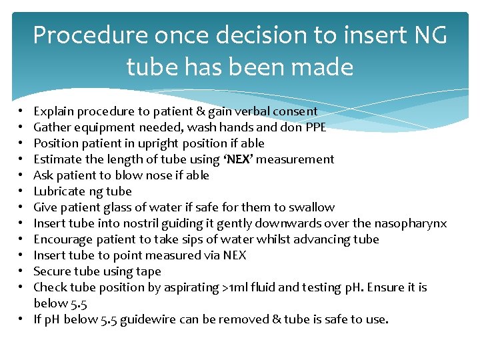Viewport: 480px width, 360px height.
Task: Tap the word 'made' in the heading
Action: (x=323, y=67)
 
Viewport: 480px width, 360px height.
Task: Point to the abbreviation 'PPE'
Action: (x=315, y=127)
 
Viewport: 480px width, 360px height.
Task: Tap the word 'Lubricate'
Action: (x=58, y=191)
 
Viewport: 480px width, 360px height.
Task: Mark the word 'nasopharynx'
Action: (x=410, y=223)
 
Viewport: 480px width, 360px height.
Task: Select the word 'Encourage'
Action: (x=61, y=239)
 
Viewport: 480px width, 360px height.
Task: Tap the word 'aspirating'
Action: (x=190, y=287)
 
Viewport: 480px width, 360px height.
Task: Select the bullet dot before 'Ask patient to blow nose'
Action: (x=23, y=175)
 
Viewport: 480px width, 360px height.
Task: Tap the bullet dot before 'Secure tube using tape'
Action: (x=23, y=271)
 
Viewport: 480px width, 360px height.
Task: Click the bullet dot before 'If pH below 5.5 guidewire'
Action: (x=23, y=319)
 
